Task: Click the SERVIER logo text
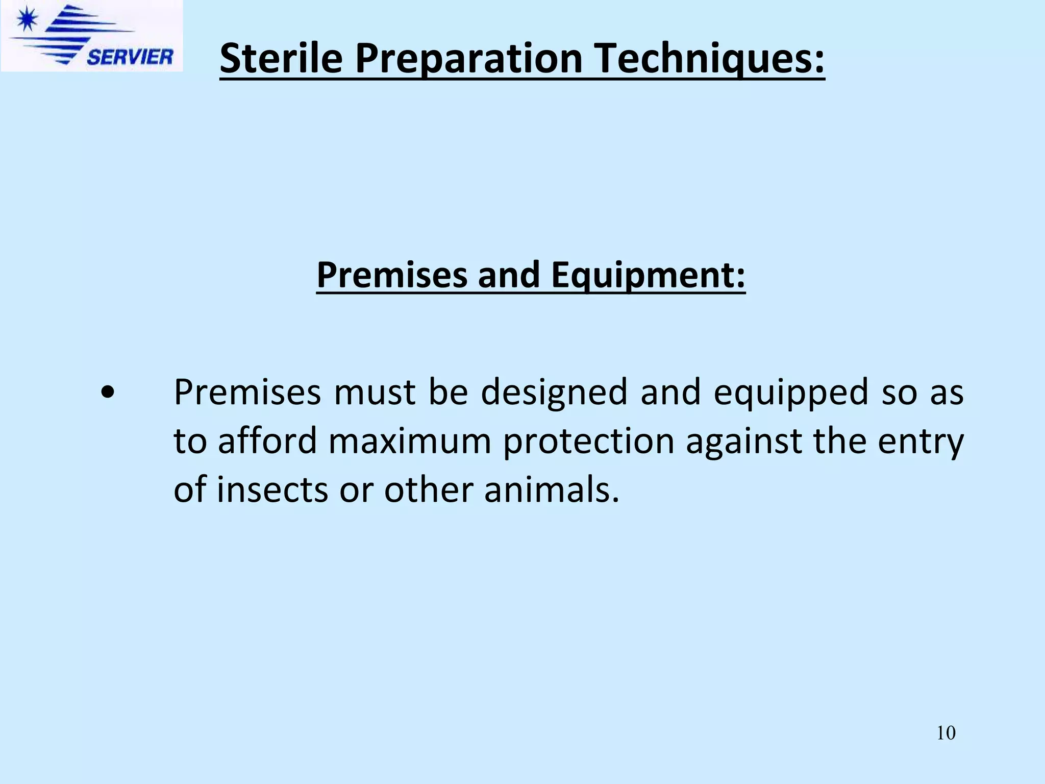click(130, 57)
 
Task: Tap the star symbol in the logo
click(26, 21)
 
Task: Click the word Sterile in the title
click(281, 59)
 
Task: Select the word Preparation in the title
click(469, 59)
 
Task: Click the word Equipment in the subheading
click(648, 275)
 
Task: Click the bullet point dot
click(107, 394)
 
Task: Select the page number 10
click(946, 733)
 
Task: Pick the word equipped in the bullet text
click(790, 393)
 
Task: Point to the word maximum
click(410, 441)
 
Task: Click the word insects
click(272, 489)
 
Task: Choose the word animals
click(552, 489)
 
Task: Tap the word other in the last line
click(429, 489)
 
